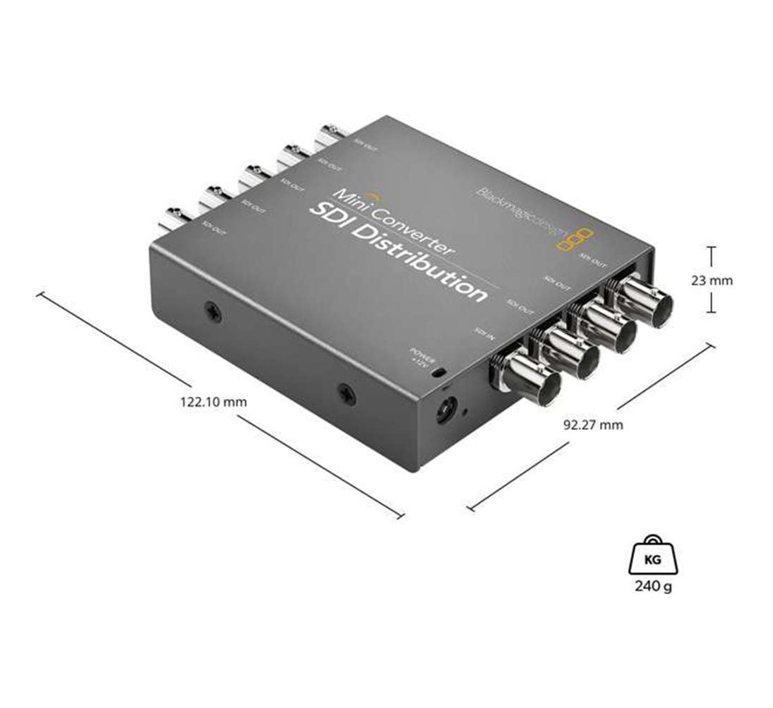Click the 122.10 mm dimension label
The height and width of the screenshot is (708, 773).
(215, 402)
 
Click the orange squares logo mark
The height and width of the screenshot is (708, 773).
(574, 236)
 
